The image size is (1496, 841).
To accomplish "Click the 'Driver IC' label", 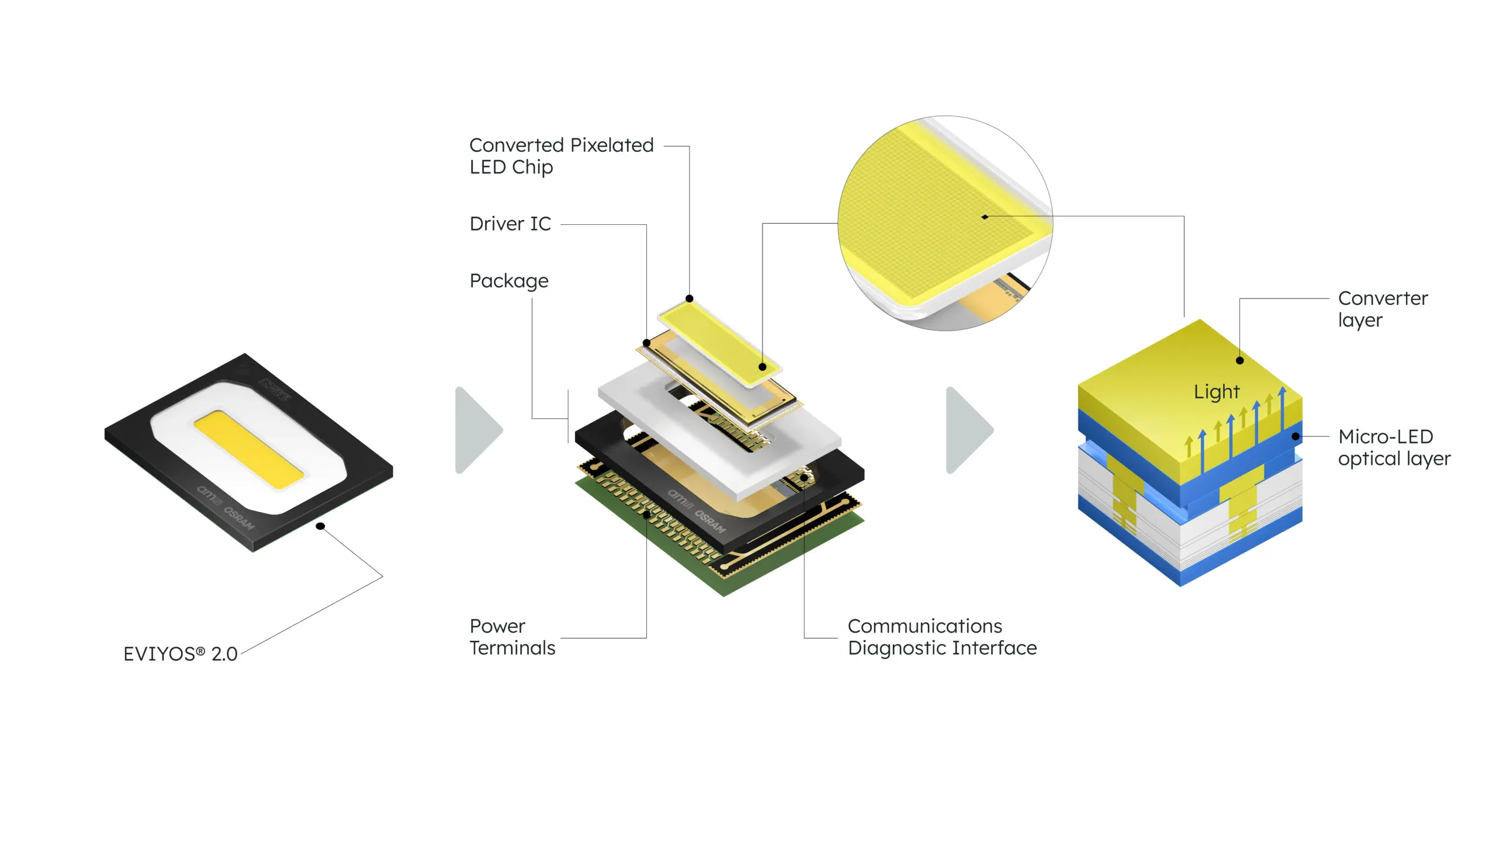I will point(510,224).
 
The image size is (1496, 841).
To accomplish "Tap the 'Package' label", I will point(509,281).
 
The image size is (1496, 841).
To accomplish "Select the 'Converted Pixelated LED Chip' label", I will point(561,156).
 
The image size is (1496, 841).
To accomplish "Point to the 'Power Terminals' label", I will point(512,637).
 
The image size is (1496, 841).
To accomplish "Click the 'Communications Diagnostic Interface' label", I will point(942,637).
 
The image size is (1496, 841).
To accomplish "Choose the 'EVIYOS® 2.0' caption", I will point(180,654).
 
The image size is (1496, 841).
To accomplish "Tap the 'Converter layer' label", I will point(1383,309).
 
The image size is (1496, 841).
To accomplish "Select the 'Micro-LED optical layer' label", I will point(1394,447).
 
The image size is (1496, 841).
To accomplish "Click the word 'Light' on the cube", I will point(1216,392).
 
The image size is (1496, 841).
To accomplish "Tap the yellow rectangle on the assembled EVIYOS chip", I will point(248,449).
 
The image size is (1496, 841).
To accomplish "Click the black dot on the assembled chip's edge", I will point(320,526).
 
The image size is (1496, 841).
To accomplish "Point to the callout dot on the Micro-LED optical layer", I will point(1296,436).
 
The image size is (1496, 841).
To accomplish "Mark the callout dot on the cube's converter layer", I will point(1239,360).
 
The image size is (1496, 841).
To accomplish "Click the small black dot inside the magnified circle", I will point(985,217).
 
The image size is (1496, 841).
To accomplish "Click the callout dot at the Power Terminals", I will point(646,515).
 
